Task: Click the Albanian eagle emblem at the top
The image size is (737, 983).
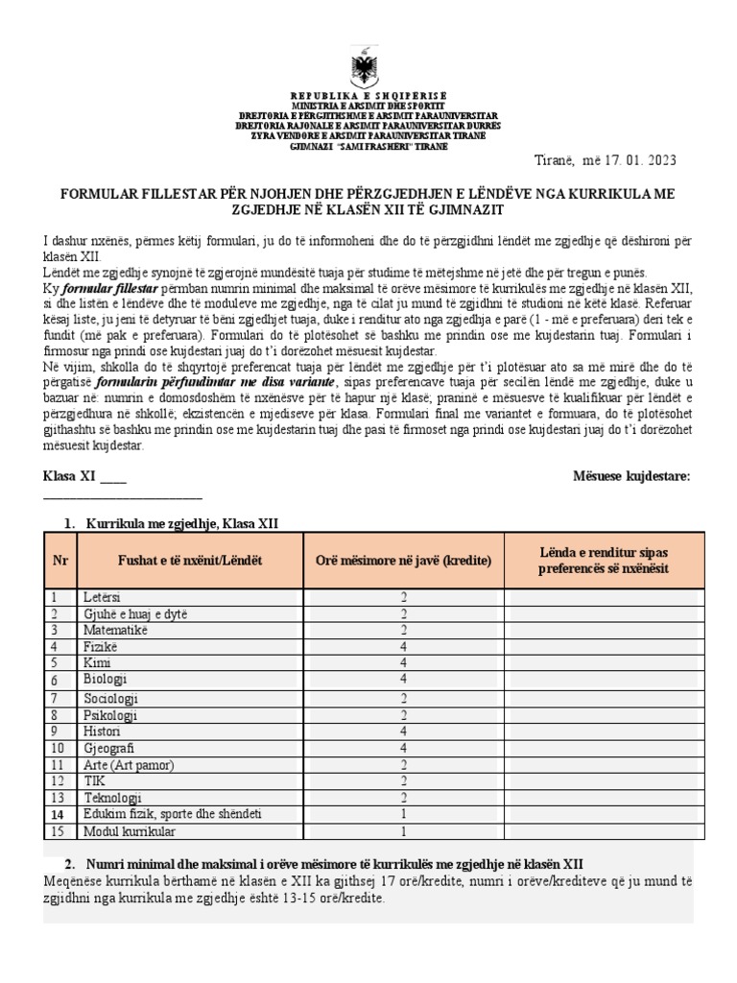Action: click(368, 69)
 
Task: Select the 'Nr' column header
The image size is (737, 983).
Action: click(59, 561)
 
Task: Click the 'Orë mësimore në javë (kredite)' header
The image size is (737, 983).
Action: click(404, 561)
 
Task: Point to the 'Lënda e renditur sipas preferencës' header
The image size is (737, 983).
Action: click(605, 561)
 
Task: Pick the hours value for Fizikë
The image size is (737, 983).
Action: click(404, 646)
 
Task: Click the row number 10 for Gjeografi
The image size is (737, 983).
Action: click(59, 748)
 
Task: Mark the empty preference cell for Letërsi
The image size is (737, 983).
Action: click(605, 597)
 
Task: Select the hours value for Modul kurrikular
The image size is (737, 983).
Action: click(404, 831)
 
